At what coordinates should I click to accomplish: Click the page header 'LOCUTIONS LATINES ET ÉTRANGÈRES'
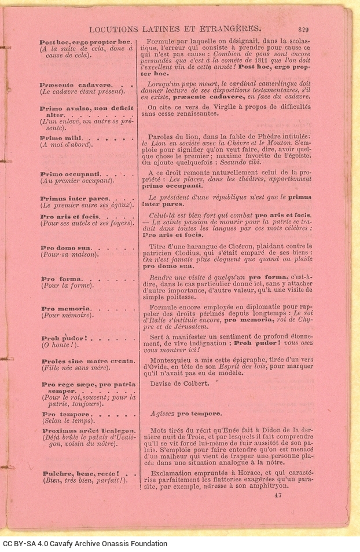(174, 27)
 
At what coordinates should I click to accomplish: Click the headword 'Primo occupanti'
(70, 174)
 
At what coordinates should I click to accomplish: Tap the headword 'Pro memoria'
(65, 309)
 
